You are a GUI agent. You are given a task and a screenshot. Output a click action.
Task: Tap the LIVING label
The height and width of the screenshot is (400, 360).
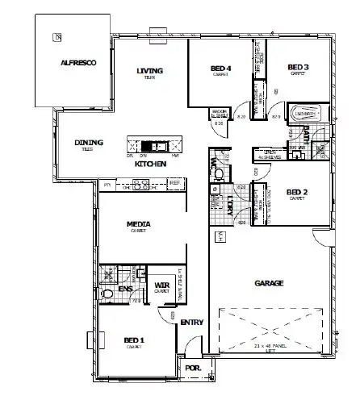[150, 71]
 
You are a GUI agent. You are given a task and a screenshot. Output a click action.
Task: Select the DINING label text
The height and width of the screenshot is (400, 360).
[89, 144]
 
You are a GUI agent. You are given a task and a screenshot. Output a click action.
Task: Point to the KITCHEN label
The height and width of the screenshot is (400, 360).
[150, 164]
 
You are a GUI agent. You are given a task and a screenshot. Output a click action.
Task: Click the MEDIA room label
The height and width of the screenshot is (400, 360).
[140, 224]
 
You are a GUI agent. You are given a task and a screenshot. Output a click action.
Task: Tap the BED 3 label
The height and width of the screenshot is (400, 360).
[299, 66]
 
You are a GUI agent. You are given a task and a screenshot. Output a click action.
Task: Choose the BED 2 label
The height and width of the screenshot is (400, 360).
[298, 191]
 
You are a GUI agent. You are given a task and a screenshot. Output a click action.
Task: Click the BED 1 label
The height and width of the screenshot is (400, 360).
[134, 340]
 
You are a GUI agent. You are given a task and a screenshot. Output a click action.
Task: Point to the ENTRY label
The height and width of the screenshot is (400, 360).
[192, 323]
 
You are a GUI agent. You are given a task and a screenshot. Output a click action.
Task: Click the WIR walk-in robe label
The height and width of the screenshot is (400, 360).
[161, 285]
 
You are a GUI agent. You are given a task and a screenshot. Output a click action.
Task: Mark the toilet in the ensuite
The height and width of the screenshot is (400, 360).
[107, 295]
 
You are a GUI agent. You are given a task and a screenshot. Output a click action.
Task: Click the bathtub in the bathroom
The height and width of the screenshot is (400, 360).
[305, 115]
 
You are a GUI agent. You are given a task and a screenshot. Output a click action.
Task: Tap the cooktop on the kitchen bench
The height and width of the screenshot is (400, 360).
[140, 185]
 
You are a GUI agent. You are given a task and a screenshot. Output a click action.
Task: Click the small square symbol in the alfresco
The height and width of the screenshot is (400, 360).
[57, 36]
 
